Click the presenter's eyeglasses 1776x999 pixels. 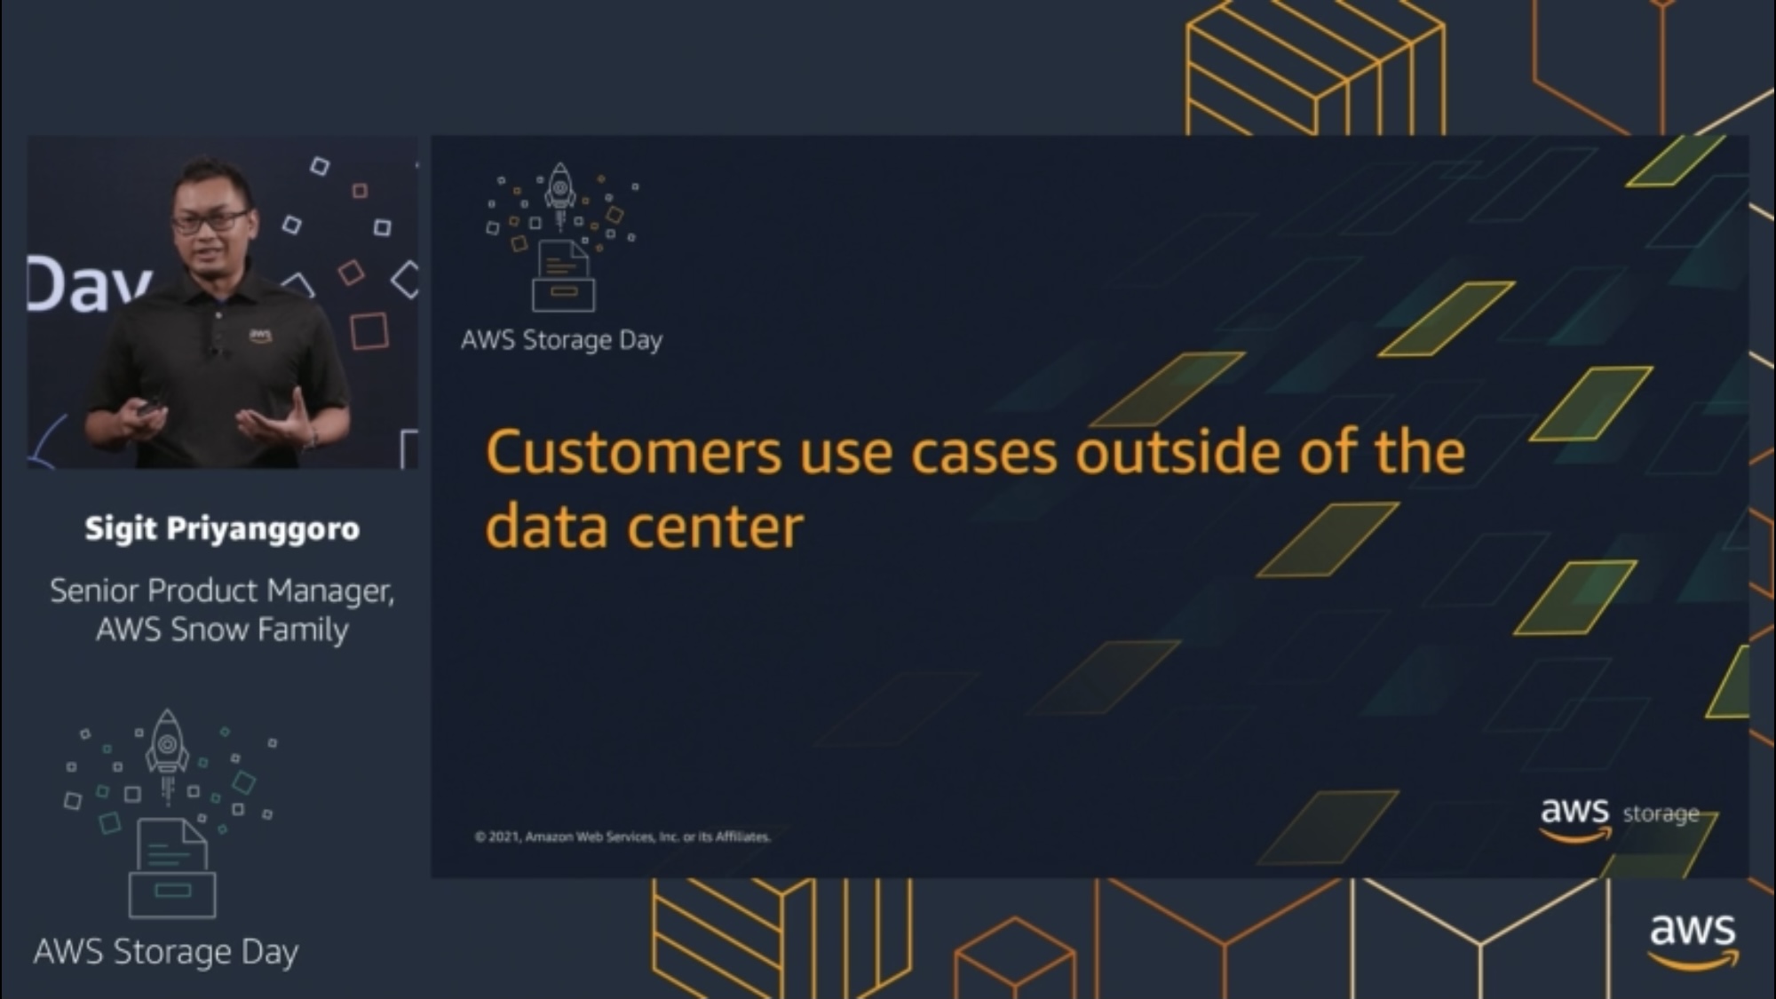point(210,220)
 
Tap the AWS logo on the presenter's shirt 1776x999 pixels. point(260,336)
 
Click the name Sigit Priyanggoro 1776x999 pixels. point(222,529)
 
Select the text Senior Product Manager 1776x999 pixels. point(221,591)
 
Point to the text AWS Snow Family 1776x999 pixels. point(222,630)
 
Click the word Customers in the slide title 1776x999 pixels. point(633,452)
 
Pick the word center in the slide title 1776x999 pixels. point(716,527)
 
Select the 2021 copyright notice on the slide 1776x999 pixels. point(622,836)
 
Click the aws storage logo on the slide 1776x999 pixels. point(1620,818)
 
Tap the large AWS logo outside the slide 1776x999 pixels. point(1693,940)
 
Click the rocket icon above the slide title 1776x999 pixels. point(559,190)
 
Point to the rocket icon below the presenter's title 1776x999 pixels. point(167,754)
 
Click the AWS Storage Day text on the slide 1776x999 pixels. point(561,340)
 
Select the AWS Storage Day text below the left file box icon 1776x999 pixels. point(166,952)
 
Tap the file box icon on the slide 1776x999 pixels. point(563,276)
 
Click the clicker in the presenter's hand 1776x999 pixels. point(149,408)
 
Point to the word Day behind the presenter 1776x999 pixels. point(89,284)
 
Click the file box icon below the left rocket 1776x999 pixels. point(172,868)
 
